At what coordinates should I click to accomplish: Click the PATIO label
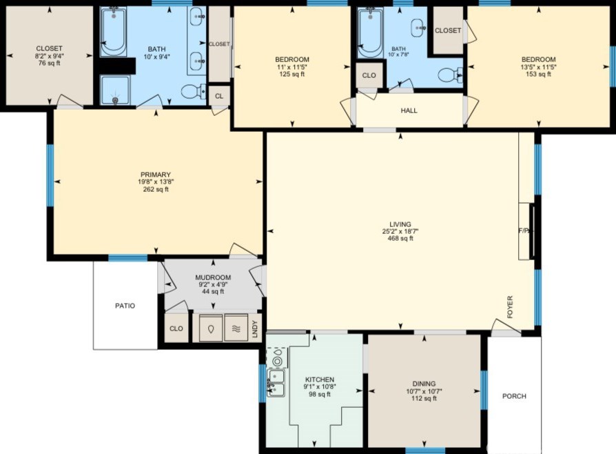[x=125, y=306]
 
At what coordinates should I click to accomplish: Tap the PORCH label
[x=514, y=396]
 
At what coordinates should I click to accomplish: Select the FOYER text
[x=510, y=307]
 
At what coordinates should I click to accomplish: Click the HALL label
[x=409, y=110]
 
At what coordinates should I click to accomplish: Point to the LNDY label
[x=254, y=329]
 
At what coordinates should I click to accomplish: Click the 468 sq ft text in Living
[x=400, y=239]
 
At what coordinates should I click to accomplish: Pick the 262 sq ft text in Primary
[x=156, y=189]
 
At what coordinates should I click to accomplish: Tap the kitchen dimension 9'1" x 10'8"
[x=320, y=386]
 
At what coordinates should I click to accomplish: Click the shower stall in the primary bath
[x=114, y=90]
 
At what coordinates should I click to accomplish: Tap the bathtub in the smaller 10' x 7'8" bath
[x=370, y=32]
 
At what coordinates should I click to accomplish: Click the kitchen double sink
[x=276, y=383]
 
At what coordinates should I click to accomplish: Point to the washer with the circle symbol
[x=211, y=328]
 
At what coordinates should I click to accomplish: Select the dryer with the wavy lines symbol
[x=236, y=328]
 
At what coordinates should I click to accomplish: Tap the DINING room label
[x=424, y=384]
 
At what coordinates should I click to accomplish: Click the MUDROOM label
[x=213, y=277]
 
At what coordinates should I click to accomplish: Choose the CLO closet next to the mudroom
[x=176, y=328]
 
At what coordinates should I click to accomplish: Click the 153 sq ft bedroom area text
[x=538, y=74]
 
